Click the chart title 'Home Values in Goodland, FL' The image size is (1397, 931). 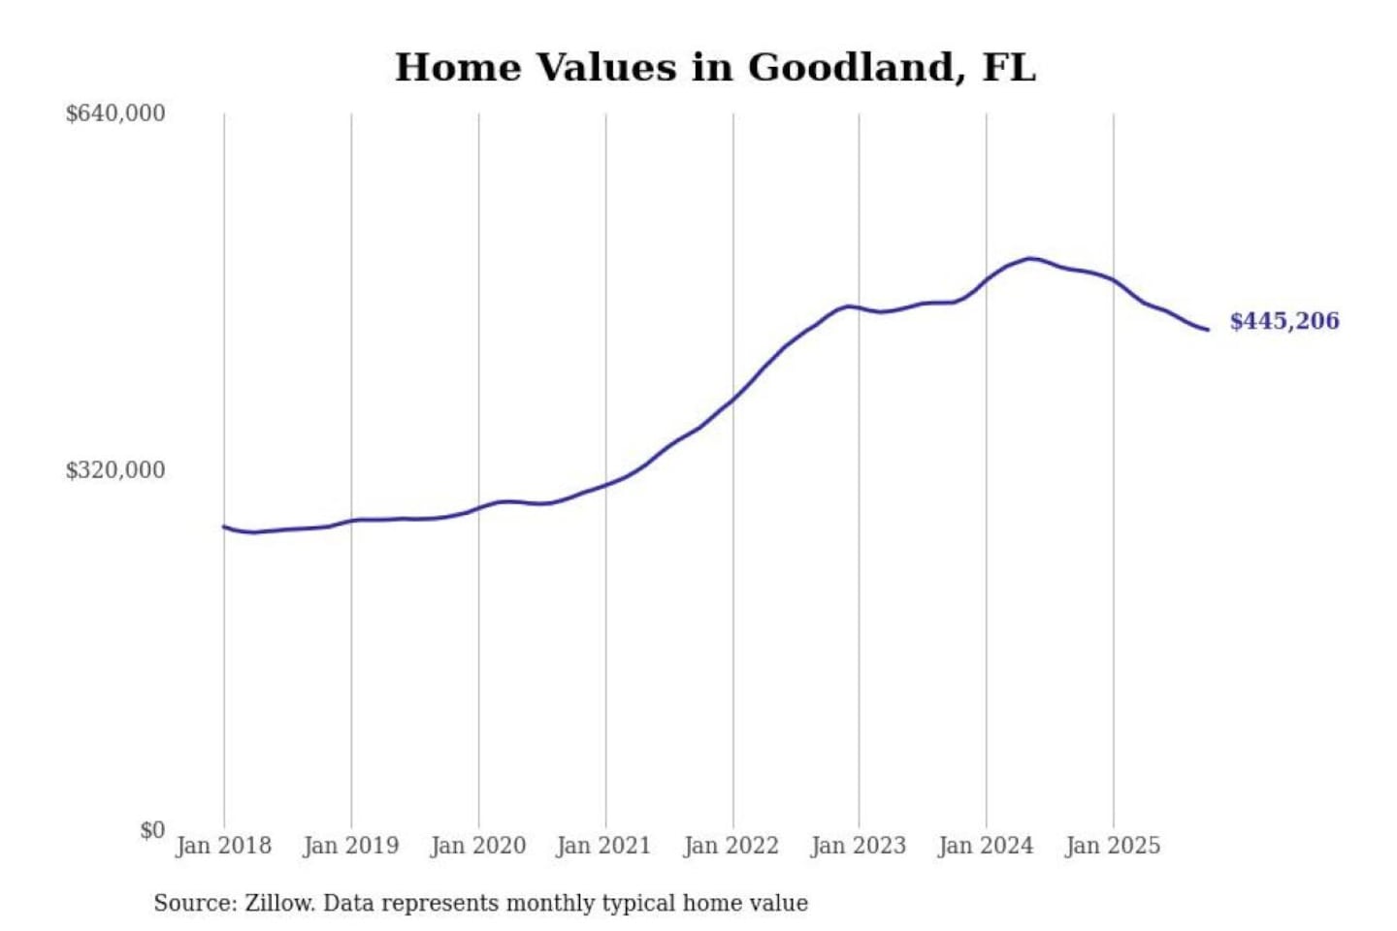pos(715,68)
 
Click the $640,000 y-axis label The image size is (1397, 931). pos(115,113)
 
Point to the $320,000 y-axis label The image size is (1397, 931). pos(115,470)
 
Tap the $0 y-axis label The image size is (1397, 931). pos(152,830)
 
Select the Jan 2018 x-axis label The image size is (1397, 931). pos(223,846)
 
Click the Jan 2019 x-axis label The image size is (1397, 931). pos(350,846)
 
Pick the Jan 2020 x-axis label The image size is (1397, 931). pos(477,846)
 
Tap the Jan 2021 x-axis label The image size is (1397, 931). pos(603,846)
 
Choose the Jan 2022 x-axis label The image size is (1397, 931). pos(731,846)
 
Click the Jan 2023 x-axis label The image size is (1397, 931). pos(858,846)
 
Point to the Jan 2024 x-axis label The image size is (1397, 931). pos(985,846)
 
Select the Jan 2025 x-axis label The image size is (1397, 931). pos(1112,846)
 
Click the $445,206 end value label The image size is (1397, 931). pos(1283,321)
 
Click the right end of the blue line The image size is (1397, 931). pos(1207,330)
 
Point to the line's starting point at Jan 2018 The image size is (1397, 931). pos(224,527)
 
